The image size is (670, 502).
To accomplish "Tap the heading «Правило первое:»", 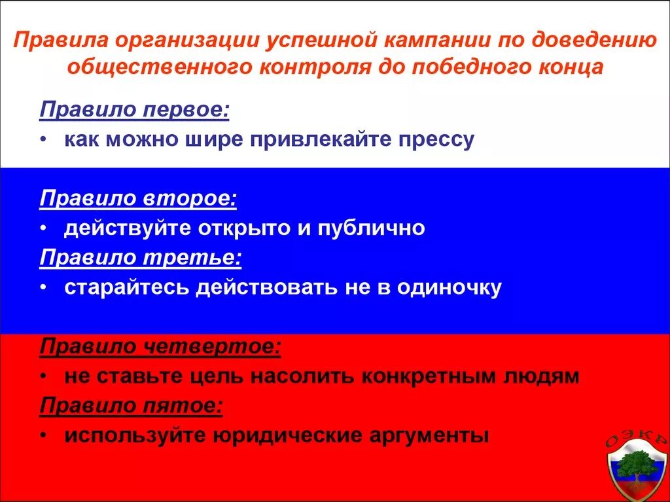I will (x=135, y=109).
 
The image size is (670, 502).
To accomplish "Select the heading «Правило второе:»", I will (x=138, y=198).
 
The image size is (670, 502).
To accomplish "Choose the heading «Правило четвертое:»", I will (x=160, y=346).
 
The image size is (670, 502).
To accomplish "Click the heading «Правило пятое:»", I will (x=132, y=406).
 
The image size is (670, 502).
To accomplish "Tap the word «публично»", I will (x=372, y=228).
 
